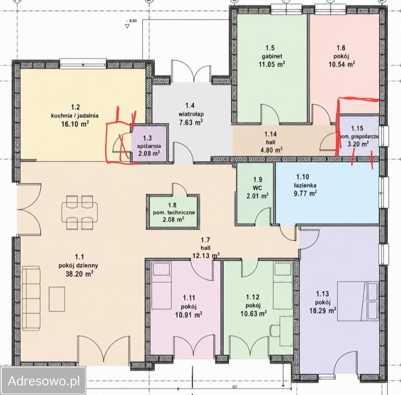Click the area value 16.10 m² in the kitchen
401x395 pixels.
[x=75, y=124]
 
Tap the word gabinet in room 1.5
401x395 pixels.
[x=272, y=56]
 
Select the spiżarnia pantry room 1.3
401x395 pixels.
[x=149, y=143]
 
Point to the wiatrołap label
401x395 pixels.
[x=191, y=114]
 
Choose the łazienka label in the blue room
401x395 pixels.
[x=305, y=185]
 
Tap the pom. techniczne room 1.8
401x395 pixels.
[x=173, y=212]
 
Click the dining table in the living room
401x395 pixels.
[x=80, y=212]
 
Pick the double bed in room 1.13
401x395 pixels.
[x=357, y=301]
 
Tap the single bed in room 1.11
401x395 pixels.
[x=161, y=285]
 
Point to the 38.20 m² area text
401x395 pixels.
[x=79, y=274]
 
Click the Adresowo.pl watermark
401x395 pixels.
[x=44, y=381]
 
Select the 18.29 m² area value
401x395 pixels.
[x=323, y=311]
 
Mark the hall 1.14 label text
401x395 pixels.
[x=271, y=142]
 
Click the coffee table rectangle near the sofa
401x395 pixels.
[x=57, y=299]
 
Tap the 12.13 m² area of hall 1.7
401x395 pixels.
[x=206, y=255]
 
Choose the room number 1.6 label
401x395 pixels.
[x=341, y=48]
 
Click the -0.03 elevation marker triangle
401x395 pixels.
[x=128, y=26]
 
